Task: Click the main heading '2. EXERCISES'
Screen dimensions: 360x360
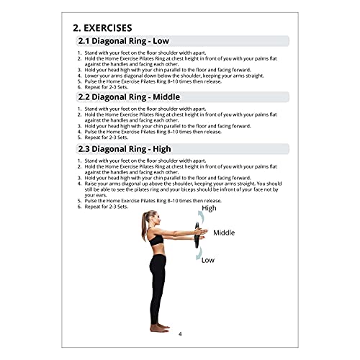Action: [111, 28]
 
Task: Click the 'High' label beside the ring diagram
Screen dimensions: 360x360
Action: [209, 208]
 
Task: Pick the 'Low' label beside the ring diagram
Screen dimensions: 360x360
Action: [208, 260]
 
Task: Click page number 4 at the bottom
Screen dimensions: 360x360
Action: [180, 333]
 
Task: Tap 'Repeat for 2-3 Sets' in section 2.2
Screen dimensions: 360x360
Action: [109, 137]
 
